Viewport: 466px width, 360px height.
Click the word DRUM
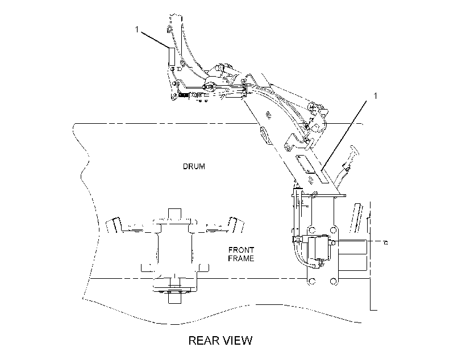tap(194, 166)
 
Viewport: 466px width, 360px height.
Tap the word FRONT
tap(241, 250)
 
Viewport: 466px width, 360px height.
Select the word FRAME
tap(241, 258)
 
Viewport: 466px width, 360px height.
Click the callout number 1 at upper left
tap(137, 30)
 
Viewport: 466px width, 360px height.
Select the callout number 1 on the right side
tap(375, 95)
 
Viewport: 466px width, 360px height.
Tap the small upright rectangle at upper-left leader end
tap(172, 56)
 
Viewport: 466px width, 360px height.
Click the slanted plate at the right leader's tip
tap(322, 176)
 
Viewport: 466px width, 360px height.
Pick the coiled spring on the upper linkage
tap(184, 95)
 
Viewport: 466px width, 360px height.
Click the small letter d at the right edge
tap(386, 243)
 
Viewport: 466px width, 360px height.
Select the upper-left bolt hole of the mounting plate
tap(312, 230)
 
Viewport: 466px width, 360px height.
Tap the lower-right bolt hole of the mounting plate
tap(334, 281)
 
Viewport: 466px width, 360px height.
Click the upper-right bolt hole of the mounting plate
tap(334, 230)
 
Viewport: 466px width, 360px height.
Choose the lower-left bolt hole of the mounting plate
tap(312, 281)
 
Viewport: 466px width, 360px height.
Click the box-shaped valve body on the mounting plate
tap(318, 248)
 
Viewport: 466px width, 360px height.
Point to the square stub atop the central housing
tap(174, 214)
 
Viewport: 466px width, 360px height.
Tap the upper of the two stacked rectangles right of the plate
tap(353, 246)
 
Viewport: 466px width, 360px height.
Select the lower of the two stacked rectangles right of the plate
tap(353, 262)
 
